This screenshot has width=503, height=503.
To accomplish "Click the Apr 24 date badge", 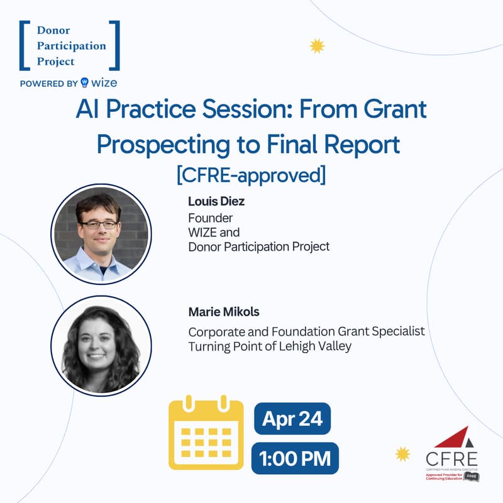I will (292, 419).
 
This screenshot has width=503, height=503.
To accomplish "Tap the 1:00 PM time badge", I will (294, 458).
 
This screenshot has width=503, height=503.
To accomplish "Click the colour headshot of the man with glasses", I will (101, 233).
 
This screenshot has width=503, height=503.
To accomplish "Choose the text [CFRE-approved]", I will (251, 174).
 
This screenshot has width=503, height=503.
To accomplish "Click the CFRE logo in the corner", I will (451, 454).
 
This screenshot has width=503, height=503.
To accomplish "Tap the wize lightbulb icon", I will (84, 83).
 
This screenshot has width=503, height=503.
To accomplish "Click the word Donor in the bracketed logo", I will (53, 31).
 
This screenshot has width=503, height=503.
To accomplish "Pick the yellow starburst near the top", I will (318, 45).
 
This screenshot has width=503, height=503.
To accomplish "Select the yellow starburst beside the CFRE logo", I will (402, 453).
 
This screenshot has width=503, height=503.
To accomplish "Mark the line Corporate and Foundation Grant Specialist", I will (306, 331).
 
